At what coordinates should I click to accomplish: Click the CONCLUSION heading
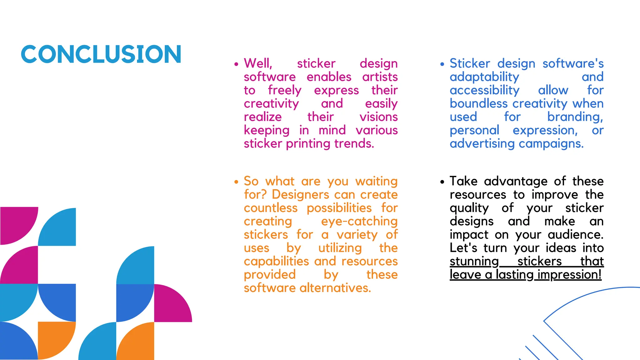click(x=101, y=54)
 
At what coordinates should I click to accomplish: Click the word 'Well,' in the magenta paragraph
click(x=258, y=63)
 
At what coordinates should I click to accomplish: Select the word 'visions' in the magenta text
click(x=378, y=117)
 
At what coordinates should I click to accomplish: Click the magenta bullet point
click(x=236, y=64)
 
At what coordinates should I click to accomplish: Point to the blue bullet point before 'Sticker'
click(x=442, y=64)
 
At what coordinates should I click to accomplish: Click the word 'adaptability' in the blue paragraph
click(x=484, y=77)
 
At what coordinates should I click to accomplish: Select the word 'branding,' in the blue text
click(x=575, y=117)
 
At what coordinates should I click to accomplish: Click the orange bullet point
click(x=236, y=182)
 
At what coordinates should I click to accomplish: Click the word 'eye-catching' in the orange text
click(x=359, y=221)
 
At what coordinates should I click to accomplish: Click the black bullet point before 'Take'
click(x=442, y=182)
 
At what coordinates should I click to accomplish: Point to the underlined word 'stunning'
click(x=474, y=261)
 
